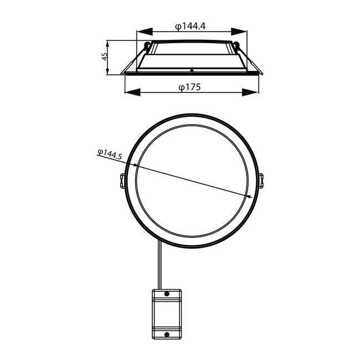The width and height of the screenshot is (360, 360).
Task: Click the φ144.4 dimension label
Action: (190, 25)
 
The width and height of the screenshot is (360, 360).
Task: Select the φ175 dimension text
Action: (189, 86)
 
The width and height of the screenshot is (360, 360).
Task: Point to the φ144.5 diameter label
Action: (109, 155)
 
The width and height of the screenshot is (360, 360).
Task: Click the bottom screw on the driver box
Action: (167, 333)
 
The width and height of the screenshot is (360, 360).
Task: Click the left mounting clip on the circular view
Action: (122, 181)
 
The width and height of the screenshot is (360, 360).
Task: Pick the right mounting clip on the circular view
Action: (261, 181)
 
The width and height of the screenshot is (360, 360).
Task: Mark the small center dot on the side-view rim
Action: (191, 70)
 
